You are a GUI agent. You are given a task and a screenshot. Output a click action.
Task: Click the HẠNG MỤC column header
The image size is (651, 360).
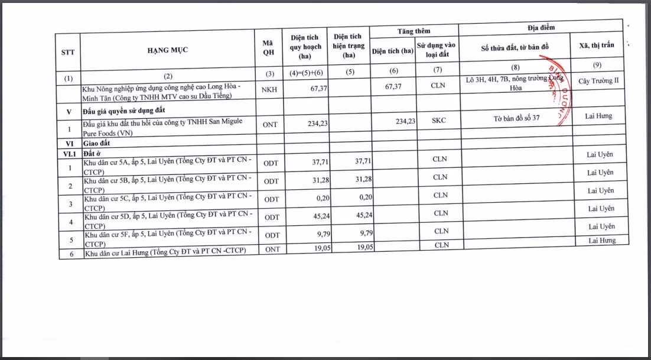[168, 50]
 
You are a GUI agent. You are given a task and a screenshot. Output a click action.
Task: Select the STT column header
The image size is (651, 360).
[68, 51]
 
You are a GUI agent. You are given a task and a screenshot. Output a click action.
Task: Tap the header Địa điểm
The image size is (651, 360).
[541, 27]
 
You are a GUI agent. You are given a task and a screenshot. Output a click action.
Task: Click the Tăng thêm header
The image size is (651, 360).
[414, 31]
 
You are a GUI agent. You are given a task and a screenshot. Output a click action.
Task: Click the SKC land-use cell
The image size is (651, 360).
[439, 121]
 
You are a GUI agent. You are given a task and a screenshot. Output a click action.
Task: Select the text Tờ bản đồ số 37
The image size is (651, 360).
[516, 118]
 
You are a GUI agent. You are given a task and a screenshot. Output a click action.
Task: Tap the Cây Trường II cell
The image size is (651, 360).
[599, 80]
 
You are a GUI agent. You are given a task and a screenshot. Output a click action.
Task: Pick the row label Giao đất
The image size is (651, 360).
[98, 143]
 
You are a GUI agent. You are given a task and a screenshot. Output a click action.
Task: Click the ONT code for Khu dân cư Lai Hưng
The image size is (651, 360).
[272, 249]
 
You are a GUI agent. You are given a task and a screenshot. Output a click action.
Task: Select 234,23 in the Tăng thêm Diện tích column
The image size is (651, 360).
[403, 121]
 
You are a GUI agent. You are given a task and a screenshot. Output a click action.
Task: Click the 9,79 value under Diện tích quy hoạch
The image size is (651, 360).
[319, 234]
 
